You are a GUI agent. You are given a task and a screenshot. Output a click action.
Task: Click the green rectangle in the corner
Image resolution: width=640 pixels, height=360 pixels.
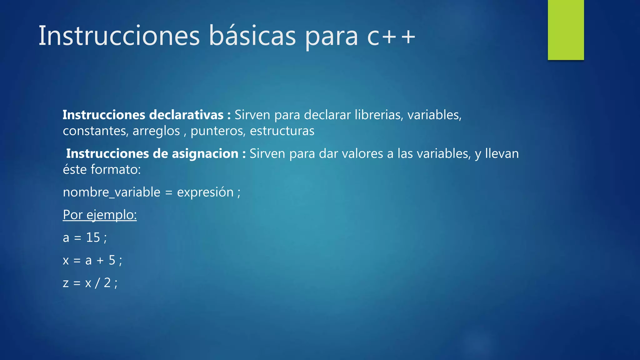tap(566, 30)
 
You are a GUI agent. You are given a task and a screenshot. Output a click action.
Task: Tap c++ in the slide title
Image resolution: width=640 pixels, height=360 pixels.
tap(391, 36)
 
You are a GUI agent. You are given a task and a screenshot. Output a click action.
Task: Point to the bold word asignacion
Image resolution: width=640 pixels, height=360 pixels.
tap(205, 154)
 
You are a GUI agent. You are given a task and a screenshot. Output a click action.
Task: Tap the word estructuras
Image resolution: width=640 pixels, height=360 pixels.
tap(282, 131)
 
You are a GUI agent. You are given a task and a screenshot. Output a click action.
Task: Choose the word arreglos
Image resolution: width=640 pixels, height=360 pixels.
tap(156, 131)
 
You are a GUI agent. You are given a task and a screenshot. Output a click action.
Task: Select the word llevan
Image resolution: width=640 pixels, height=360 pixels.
tap(502, 154)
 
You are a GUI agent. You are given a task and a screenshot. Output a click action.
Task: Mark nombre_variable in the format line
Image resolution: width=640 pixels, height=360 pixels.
tap(112, 192)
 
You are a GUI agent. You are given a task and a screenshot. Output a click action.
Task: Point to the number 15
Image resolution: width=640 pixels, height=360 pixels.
tap(93, 237)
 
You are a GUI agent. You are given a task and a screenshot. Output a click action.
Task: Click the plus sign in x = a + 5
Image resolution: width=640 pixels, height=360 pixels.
tap(100, 260)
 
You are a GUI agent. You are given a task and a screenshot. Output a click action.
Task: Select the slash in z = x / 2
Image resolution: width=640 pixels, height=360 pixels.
tap(97, 283)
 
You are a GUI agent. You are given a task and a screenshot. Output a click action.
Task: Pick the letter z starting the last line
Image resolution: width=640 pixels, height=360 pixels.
tap(66, 283)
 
